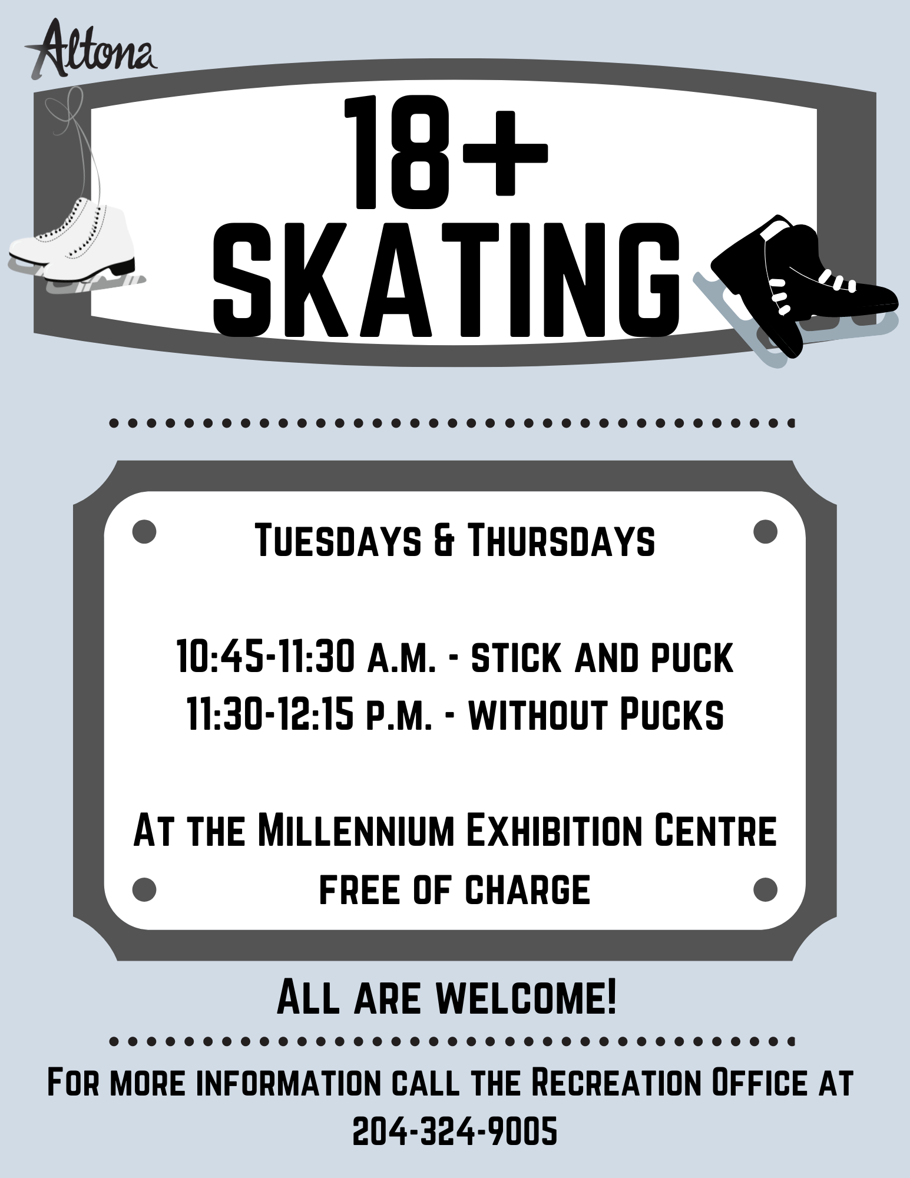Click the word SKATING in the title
(x=445, y=279)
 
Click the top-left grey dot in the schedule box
(x=144, y=531)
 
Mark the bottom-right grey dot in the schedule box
(x=765, y=889)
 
